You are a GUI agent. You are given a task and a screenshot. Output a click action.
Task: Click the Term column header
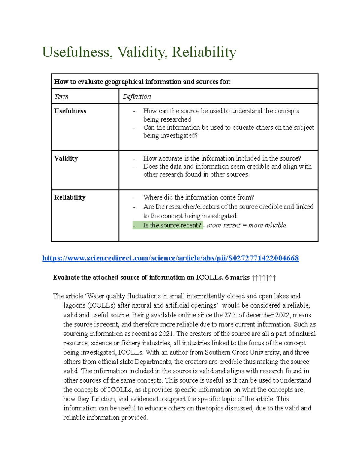[61, 97]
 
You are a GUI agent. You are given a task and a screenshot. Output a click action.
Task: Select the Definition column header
[137, 97]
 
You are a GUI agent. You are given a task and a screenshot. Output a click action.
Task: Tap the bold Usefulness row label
[70, 111]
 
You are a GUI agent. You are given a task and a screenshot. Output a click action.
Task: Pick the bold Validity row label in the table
[66, 158]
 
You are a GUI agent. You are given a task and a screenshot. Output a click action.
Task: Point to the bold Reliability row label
[70, 197]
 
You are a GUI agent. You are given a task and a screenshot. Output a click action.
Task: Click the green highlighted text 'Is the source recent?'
[172, 225]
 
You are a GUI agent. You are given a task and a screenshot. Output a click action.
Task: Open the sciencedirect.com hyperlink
[170, 258]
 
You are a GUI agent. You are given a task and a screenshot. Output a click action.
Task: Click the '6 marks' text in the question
[237, 278]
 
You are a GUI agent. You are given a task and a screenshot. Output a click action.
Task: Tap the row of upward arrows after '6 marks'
[264, 278]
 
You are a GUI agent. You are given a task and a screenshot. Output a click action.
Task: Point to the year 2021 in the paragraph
[166, 334]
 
